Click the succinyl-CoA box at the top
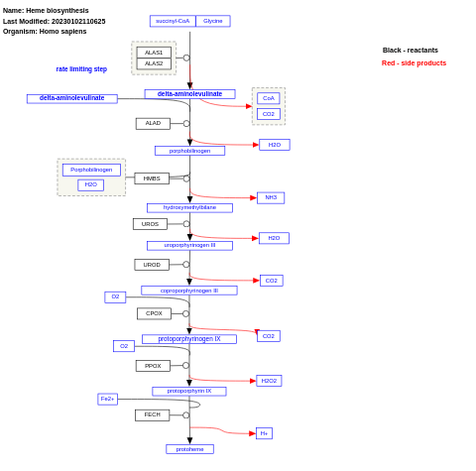173,21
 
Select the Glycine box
213,21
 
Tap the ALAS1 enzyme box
154,53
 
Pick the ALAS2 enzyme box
154,63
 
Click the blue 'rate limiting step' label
81,69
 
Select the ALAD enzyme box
153,124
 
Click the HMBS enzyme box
152,178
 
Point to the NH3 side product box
271,197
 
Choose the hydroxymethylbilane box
189,208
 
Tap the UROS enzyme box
150,224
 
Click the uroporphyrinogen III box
189,245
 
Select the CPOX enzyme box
154,313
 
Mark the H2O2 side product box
269,381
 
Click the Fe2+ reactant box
107,399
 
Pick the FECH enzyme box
152,414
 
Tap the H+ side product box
264,433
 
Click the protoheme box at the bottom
189,449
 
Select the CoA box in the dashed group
268,98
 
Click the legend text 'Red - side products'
414,62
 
